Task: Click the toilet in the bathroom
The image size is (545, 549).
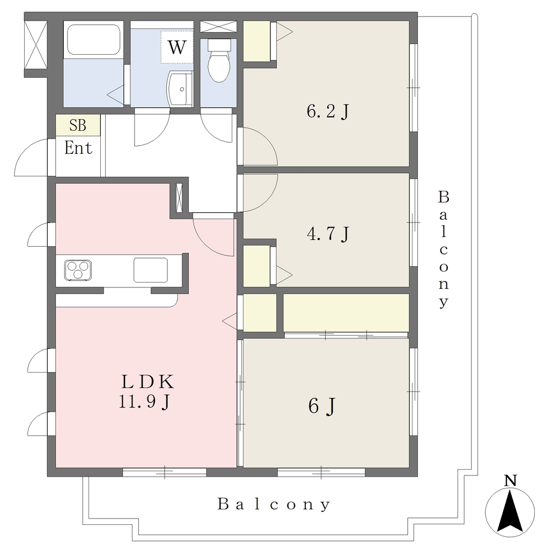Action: (219, 60)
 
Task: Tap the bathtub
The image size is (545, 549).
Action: (93, 40)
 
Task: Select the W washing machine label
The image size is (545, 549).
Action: (177, 47)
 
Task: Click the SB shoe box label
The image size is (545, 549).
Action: (78, 125)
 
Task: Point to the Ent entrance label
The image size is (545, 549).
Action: (78, 148)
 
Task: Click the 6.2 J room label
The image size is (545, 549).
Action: (328, 112)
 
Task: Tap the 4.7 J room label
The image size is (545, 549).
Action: (328, 233)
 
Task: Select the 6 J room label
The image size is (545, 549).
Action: (322, 406)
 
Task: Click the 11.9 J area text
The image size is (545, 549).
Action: (144, 401)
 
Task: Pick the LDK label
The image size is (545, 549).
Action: (148, 382)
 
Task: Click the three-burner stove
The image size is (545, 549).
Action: (78, 270)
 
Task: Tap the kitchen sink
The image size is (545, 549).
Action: (151, 270)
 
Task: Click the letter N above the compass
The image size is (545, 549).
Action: (511, 481)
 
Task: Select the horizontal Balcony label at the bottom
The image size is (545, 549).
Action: (274, 505)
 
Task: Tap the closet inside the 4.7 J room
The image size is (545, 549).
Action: (256, 266)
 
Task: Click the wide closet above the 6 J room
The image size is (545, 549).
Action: (346, 313)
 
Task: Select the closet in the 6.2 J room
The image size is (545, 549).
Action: (257, 41)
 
